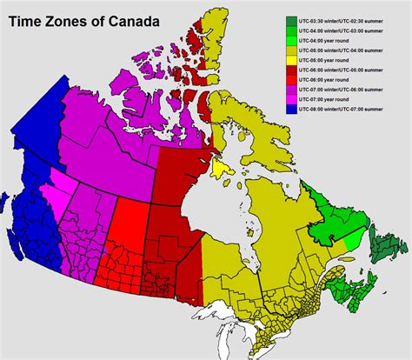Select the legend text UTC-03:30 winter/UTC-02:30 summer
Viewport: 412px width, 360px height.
(x=348, y=18)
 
